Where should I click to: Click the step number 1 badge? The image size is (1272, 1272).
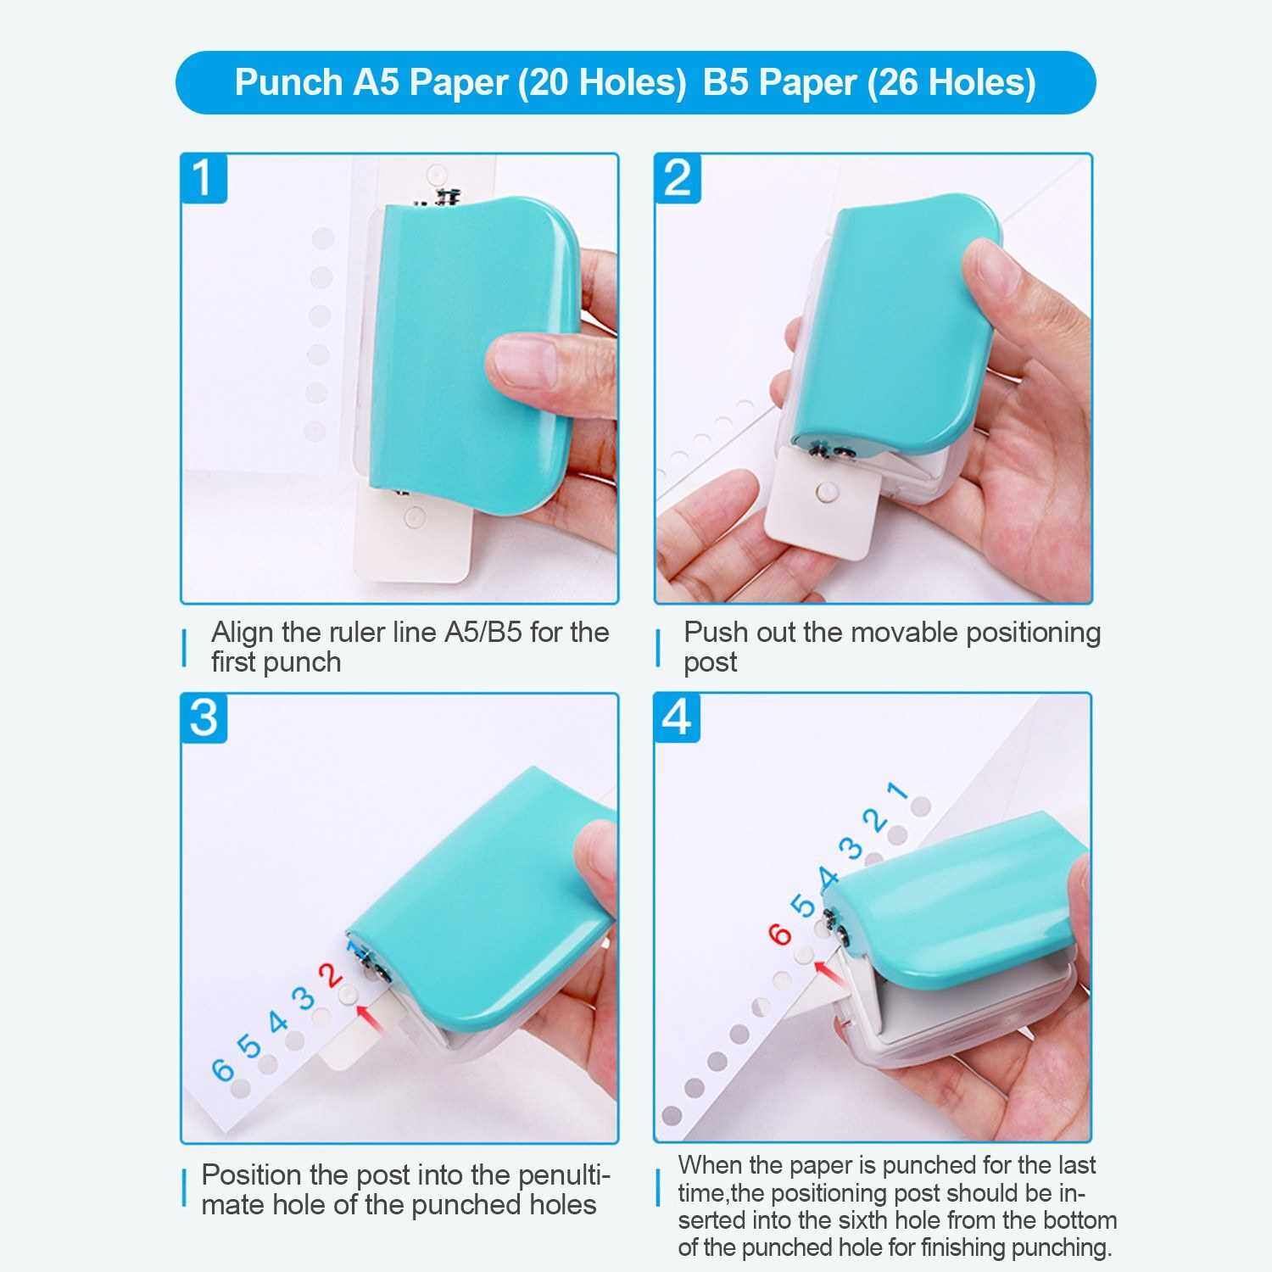(x=204, y=179)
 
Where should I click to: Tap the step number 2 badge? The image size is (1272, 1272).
(x=678, y=179)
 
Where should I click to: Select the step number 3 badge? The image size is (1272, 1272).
(x=204, y=717)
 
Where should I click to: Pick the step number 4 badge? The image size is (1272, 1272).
(x=677, y=717)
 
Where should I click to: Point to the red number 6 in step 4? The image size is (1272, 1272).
(x=780, y=934)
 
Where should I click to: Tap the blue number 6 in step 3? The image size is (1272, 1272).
(x=222, y=1069)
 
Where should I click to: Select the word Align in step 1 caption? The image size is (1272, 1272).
(x=243, y=633)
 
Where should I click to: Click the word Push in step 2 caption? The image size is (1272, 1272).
(x=711, y=633)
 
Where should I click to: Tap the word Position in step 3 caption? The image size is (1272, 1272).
(x=252, y=1175)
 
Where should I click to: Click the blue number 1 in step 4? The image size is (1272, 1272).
(x=897, y=792)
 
